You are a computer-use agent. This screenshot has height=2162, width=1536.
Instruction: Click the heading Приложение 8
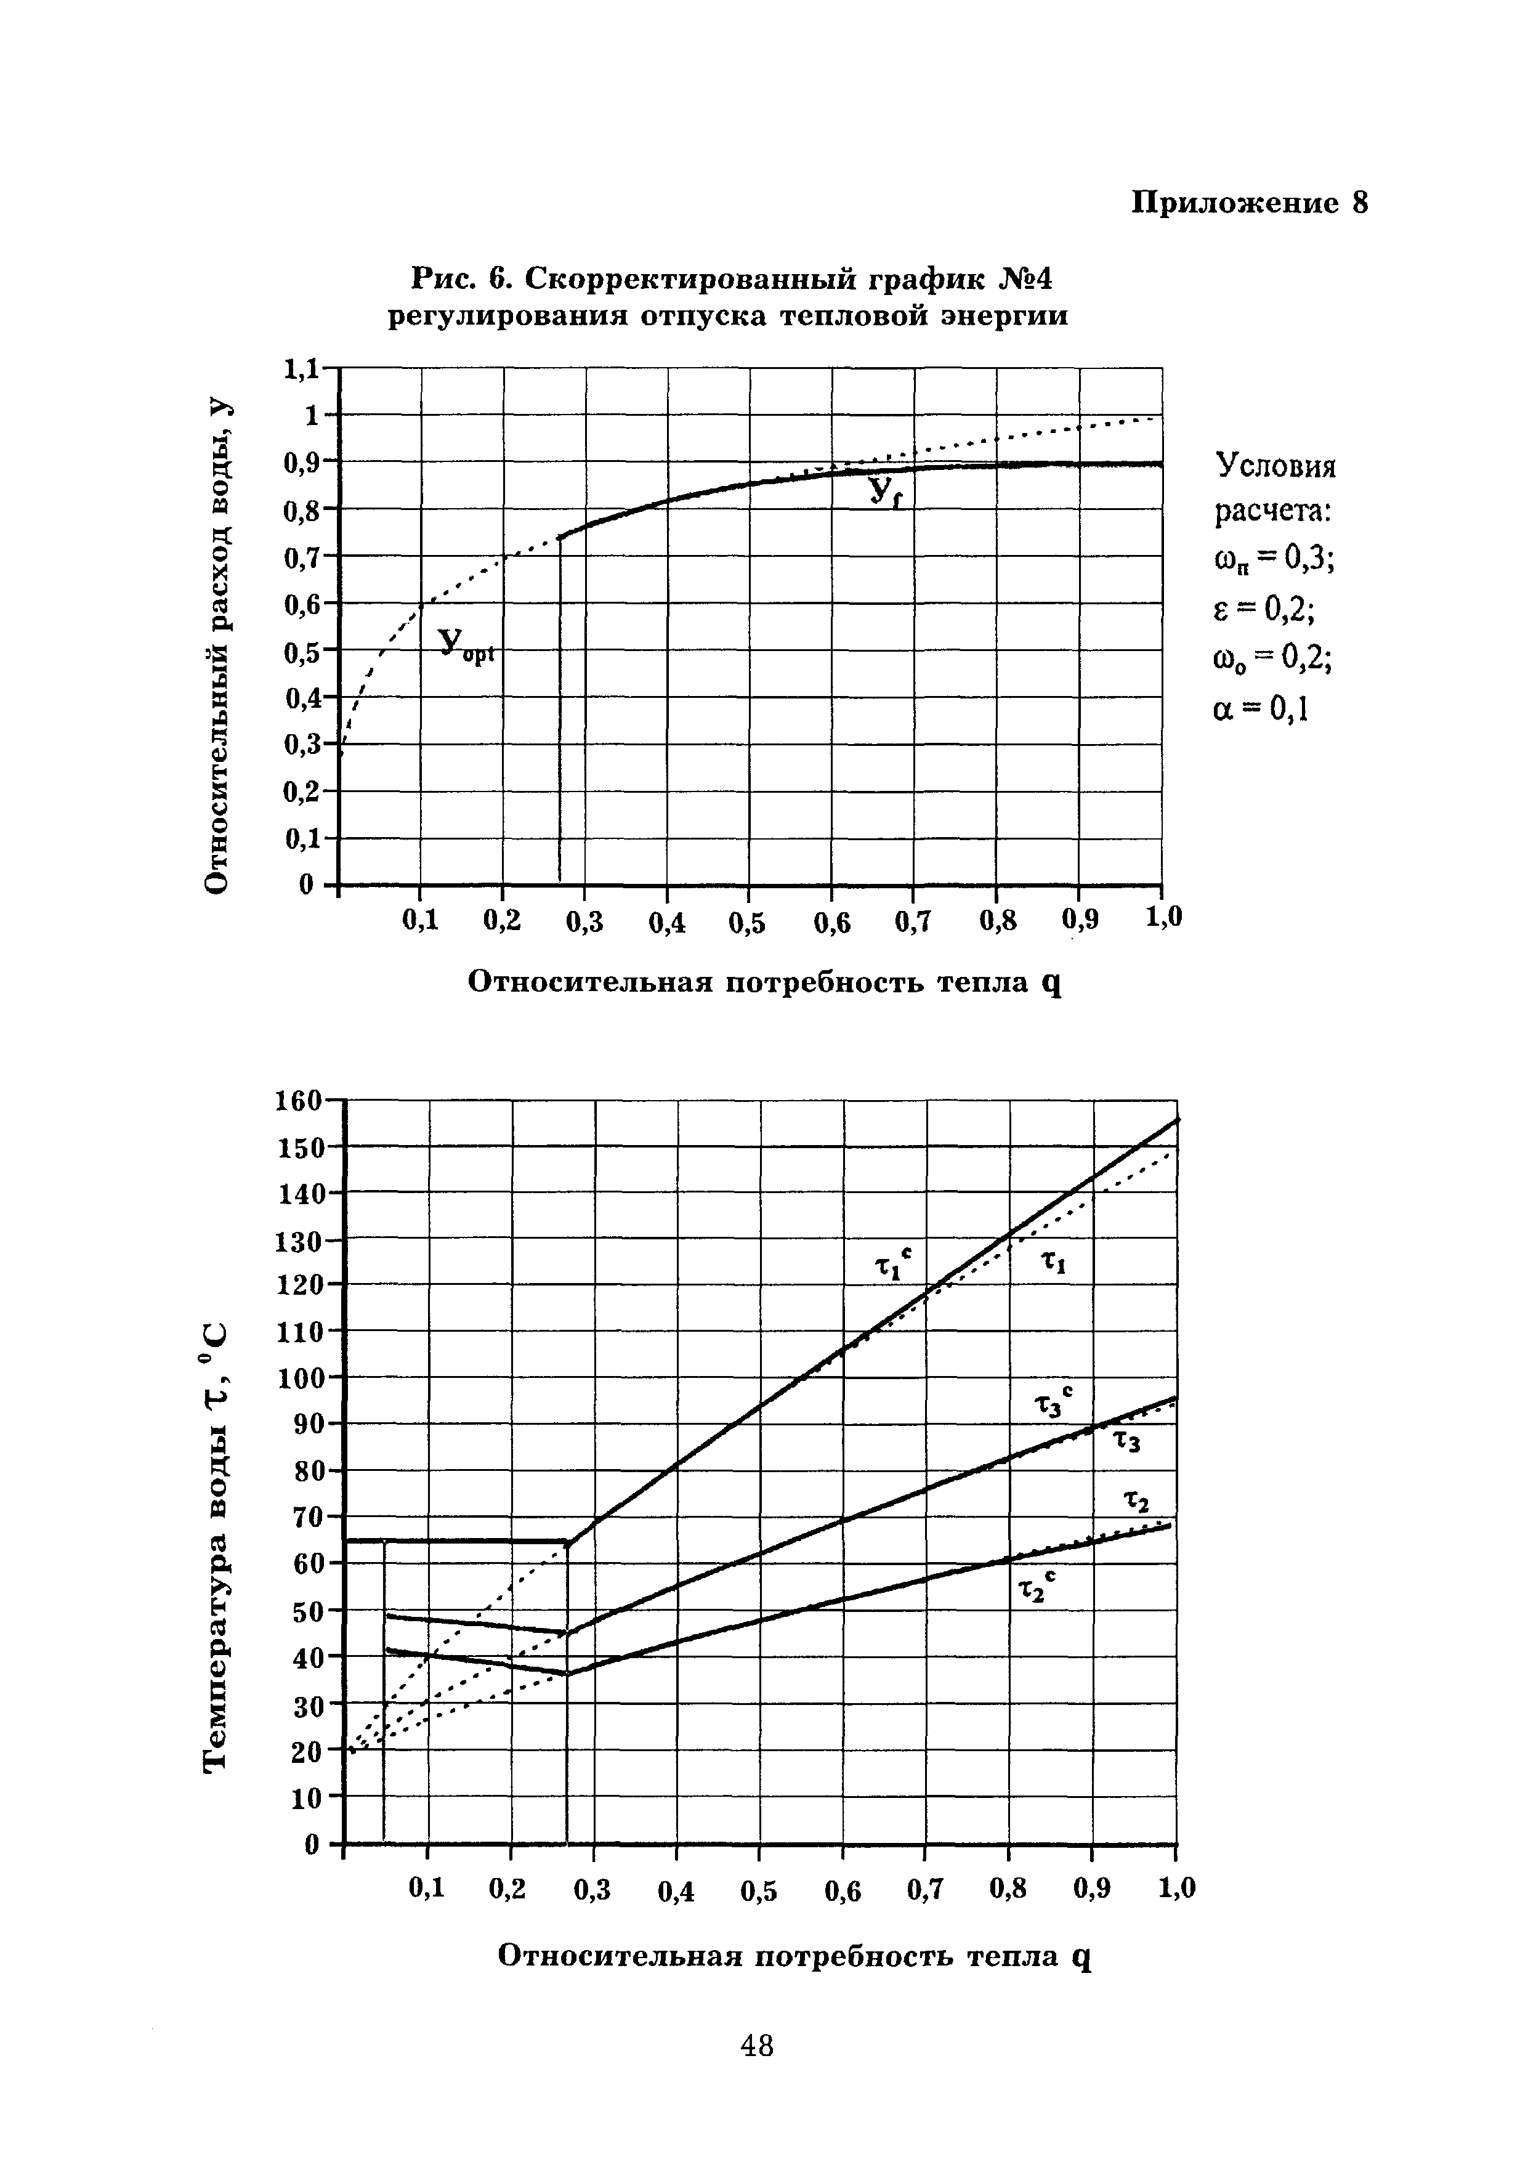(x=1250, y=203)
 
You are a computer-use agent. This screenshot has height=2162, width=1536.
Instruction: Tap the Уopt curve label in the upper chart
(x=466, y=647)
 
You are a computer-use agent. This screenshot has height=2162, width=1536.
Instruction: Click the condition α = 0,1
(x=1260, y=708)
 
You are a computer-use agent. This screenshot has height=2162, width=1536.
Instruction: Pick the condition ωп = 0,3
(x=1273, y=560)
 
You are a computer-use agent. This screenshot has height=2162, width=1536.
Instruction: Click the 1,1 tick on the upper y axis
(x=302, y=369)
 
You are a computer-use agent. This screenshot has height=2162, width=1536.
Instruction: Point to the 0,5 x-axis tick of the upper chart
(x=747, y=922)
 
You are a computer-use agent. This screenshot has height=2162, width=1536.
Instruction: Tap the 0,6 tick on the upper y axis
(x=302, y=604)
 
